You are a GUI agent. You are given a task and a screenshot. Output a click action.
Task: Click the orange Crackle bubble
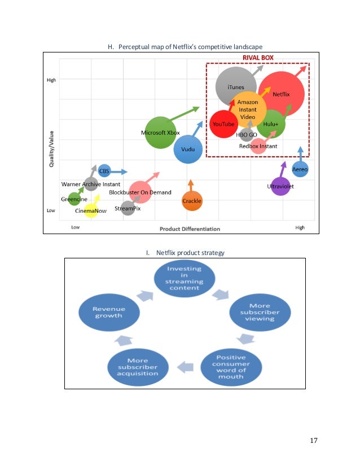(192, 201)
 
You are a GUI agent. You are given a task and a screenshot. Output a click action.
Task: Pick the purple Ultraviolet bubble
(280, 186)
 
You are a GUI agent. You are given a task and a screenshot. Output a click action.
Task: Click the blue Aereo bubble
(300, 169)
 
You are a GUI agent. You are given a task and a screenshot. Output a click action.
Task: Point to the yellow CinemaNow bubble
(91, 211)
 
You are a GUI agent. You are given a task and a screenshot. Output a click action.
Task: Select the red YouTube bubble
(223, 124)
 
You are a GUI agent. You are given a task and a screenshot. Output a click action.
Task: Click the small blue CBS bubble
(104, 170)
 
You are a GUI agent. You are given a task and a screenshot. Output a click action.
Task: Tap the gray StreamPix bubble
(128, 208)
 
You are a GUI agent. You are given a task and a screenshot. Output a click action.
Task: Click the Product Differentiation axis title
(190, 228)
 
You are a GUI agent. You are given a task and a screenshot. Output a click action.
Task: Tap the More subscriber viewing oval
(260, 312)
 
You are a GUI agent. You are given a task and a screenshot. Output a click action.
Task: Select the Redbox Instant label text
(258, 146)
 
